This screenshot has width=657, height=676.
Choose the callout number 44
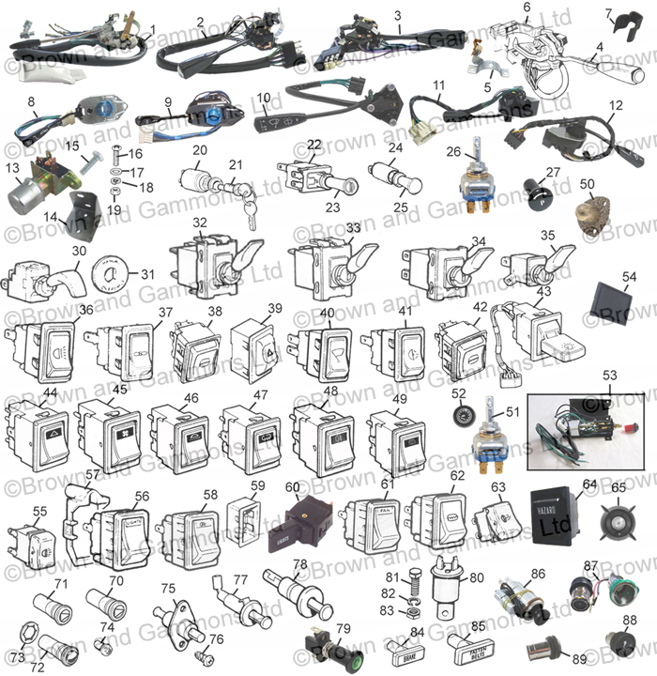[x=50, y=392]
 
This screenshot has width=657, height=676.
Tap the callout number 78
[x=299, y=564]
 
